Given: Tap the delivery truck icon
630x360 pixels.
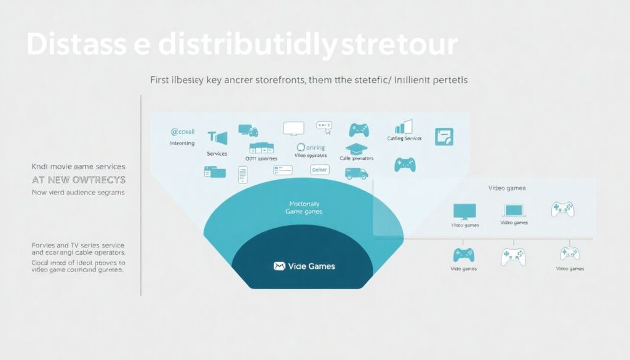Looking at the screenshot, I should [x=356, y=173].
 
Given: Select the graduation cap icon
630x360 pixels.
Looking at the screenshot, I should [x=356, y=148].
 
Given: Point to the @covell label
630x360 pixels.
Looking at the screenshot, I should [x=182, y=132].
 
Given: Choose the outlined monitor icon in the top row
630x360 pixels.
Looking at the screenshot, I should [x=293, y=128].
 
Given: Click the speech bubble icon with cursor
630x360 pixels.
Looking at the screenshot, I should [x=324, y=127].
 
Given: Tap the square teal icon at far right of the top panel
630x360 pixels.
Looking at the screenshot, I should [x=444, y=136].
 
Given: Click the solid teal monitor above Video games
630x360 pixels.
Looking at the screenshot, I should [x=465, y=211].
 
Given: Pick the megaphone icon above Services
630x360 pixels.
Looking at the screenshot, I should [x=217, y=138].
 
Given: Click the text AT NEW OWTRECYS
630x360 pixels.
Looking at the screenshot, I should [x=78, y=180].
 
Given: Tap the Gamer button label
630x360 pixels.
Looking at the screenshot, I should [x=320, y=169].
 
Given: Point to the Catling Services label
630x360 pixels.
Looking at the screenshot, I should [x=404, y=138].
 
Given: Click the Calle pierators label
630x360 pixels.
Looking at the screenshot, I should [x=356, y=159].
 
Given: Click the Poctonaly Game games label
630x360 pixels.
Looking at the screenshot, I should [x=305, y=207].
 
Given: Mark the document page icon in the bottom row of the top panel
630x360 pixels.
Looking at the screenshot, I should [x=242, y=174].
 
